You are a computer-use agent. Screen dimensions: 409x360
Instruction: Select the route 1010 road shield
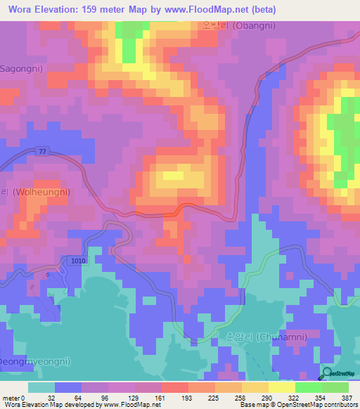coord(78,261)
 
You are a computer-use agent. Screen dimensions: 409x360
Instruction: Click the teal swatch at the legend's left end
coord(41,387)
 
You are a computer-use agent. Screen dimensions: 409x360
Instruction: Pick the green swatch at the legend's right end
coord(335,387)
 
